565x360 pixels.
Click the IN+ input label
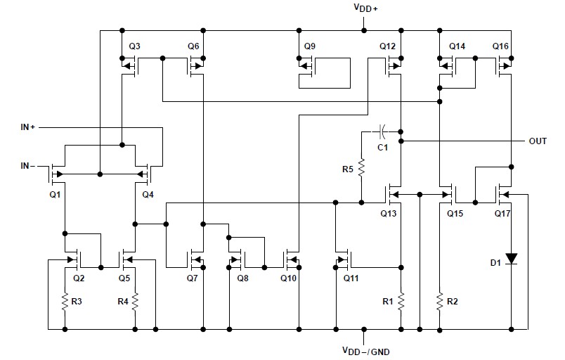[x=32, y=127]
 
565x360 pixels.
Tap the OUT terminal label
[x=538, y=141]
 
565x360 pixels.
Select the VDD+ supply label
[x=365, y=9]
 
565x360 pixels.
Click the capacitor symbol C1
[x=380, y=131]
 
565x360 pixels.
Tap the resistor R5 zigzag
[x=361, y=168]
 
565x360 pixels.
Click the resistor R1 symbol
[x=401, y=301]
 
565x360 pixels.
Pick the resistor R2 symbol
[x=440, y=301]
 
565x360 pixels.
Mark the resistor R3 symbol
[x=65, y=301]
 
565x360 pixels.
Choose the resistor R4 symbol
[x=134, y=301]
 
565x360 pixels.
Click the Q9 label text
[x=310, y=46]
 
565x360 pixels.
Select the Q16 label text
[x=500, y=46]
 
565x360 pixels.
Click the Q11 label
[x=351, y=278]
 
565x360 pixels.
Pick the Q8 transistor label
[x=242, y=278]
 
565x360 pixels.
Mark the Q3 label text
[x=134, y=46]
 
